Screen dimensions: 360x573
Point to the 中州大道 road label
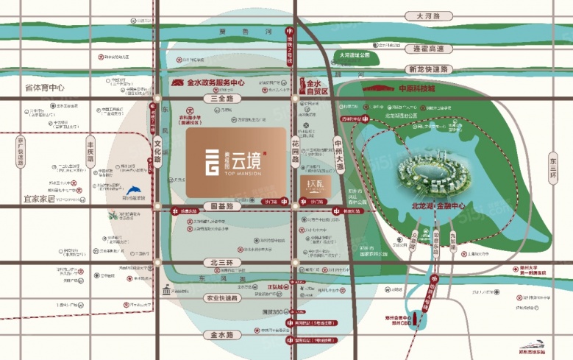click(x=339, y=152)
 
